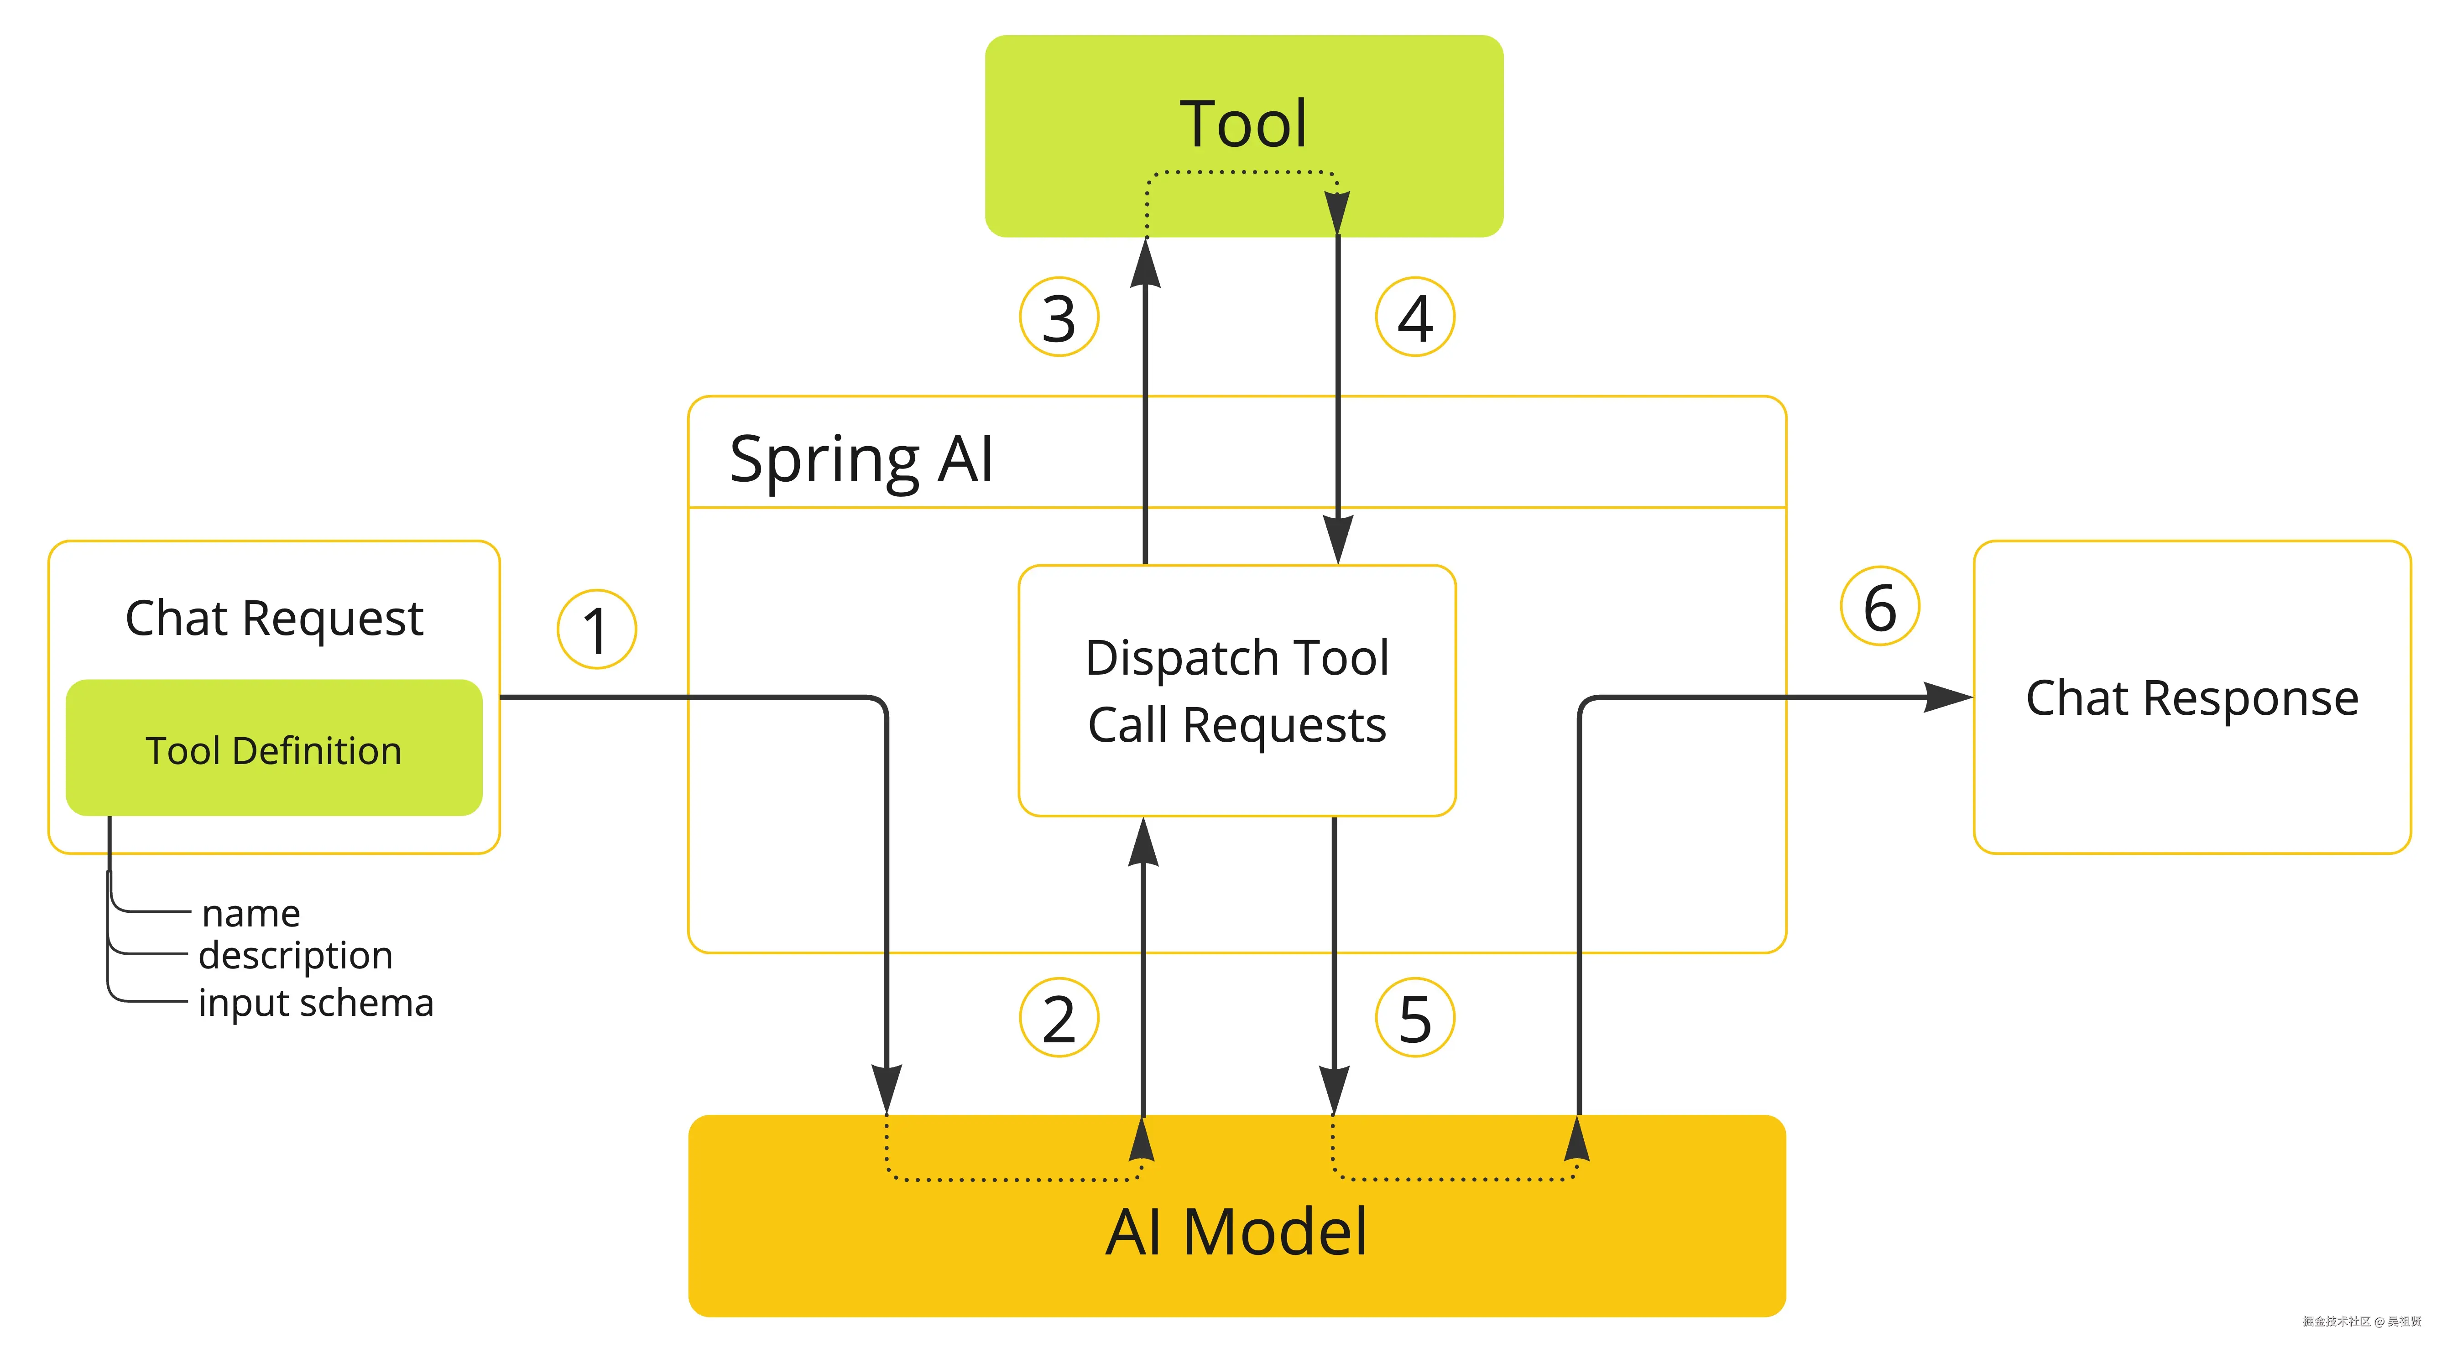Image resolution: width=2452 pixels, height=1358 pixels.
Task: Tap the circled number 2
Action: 1059,1018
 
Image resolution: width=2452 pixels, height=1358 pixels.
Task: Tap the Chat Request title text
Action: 274,619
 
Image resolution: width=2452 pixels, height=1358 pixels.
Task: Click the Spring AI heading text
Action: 861,460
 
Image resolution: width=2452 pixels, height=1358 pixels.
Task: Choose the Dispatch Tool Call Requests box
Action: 1236,691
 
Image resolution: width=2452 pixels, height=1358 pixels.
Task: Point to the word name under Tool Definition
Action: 251,914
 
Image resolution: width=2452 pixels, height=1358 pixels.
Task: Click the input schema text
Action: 316,1003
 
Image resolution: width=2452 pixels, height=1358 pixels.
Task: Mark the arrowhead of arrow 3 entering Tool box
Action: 1145,263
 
